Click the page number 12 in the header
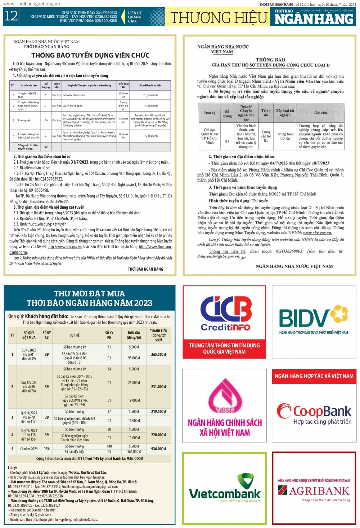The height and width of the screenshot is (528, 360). pyautogui.click(x=11, y=16)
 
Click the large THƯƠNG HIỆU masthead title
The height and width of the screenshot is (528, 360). pyautogui.click(x=219, y=18)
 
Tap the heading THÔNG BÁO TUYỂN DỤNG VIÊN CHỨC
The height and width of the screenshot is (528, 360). pyautogui.click(x=90, y=55)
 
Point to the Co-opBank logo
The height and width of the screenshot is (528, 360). pyautogui.click(x=314, y=414)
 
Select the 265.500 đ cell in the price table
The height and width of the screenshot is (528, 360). pyautogui.click(x=158, y=354)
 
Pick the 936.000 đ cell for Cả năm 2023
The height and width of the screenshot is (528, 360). pyautogui.click(x=158, y=449)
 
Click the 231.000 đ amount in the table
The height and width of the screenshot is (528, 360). pyautogui.click(x=158, y=387)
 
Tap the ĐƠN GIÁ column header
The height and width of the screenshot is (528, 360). pyautogui.click(x=134, y=335)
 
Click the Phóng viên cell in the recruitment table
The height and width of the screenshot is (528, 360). pyautogui.click(x=25, y=120)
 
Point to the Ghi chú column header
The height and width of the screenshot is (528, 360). pyautogui.click(x=320, y=113)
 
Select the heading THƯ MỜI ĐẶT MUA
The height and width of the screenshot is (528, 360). pyautogui.click(x=90, y=293)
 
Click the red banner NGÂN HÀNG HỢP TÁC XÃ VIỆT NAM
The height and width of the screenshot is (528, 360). pyautogui.click(x=314, y=376)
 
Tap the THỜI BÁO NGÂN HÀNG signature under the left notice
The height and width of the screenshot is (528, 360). pyautogui.click(x=145, y=269)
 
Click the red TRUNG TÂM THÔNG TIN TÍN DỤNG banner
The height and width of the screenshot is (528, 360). pyautogui.click(x=224, y=349)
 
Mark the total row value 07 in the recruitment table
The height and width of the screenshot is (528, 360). pyautogui.click(x=46, y=147)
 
